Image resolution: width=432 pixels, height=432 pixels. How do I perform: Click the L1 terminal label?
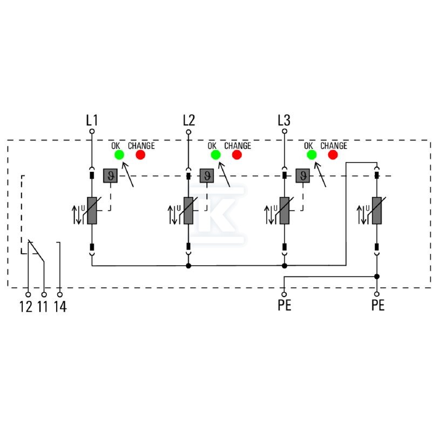(92, 120)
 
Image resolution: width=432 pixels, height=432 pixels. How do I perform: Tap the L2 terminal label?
(188, 120)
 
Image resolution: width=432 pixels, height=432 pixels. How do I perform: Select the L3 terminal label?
(284, 120)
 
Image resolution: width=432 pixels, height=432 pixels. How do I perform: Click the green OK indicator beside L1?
(119, 155)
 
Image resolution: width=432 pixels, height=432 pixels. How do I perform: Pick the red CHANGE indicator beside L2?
(237, 155)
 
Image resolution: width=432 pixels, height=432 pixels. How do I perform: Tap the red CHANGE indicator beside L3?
(333, 155)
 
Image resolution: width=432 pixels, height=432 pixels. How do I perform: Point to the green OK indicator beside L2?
(215, 155)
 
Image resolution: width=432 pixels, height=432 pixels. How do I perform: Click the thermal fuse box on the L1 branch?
(111, 176)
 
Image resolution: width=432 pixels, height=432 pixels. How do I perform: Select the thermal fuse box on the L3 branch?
(303, 176)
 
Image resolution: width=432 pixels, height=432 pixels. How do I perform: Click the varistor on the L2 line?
(188, 211)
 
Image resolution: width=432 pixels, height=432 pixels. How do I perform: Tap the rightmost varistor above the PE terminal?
(377, 211)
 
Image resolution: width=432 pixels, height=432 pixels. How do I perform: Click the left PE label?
(285, 305)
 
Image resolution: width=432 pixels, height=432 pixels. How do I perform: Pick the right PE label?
(377, 305)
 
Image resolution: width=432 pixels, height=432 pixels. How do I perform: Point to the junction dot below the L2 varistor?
(188, 266)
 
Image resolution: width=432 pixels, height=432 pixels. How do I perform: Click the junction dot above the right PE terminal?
(377, 276)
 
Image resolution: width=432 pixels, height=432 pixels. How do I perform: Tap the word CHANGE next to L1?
(141, 146)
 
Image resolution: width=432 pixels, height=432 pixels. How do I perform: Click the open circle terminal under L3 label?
(285, 131)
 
